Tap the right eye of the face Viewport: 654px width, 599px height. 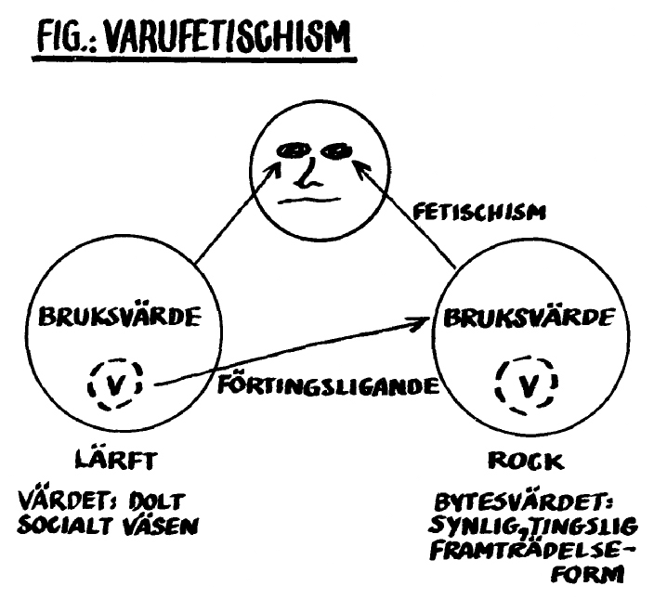[x=335, y=149]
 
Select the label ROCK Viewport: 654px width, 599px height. [x=525, y=460]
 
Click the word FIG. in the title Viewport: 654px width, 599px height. [x=62, y=39]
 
